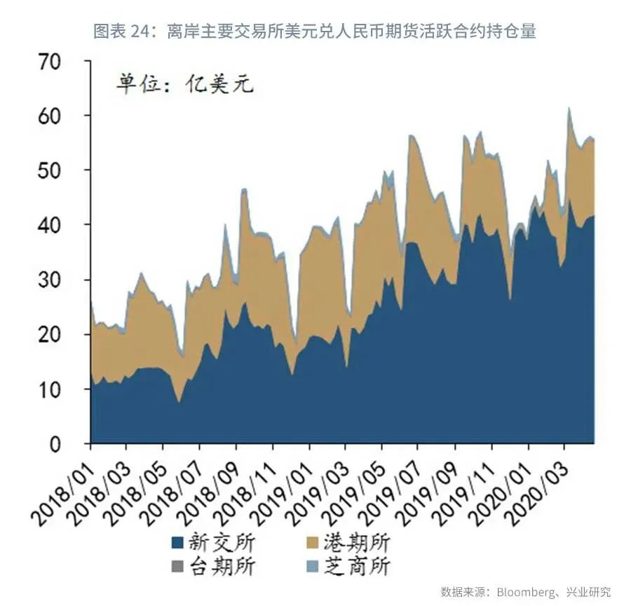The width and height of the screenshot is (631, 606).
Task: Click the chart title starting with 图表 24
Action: (x=315, y=32)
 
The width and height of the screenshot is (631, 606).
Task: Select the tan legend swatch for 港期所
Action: (x=313, y=542)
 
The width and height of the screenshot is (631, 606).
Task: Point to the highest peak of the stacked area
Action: (x=569, y=108)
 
